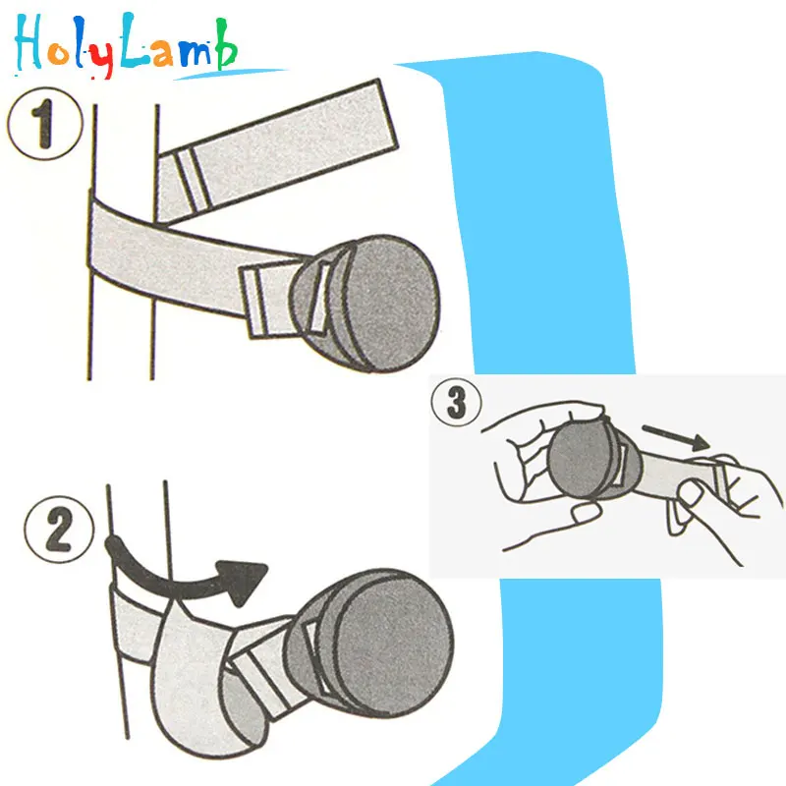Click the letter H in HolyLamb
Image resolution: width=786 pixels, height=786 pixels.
(29, 44)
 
